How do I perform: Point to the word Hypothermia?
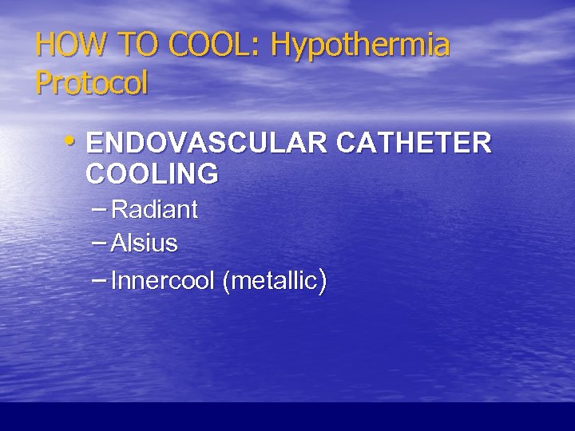tap(360, 46)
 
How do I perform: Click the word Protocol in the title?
tap(92, 82)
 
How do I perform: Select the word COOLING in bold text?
tap(152, 173)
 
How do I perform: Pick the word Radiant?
tap(154, 210)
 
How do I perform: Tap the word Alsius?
tap(144, 243)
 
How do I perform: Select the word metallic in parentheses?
tap(272, 281)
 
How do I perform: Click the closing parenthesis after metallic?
tap(321, 281)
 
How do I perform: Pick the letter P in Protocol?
tap(42, 82)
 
